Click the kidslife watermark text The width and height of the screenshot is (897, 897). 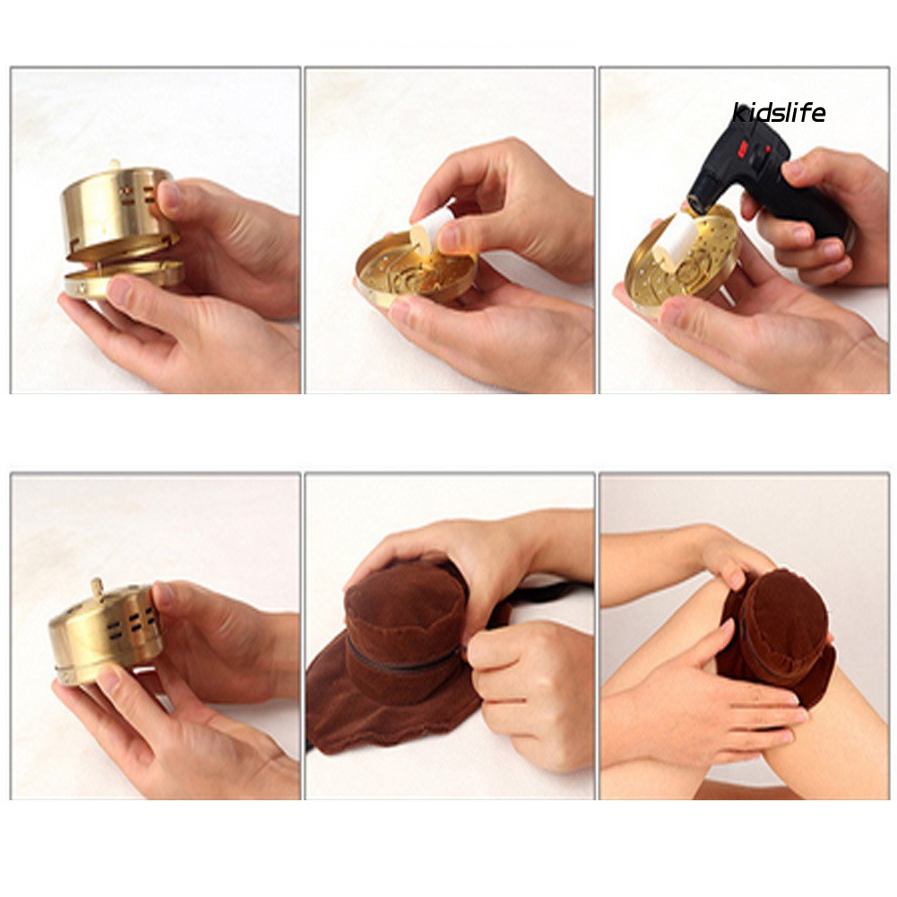click(x=779, y=112)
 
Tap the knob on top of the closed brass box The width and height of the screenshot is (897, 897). click(x=98, y=587)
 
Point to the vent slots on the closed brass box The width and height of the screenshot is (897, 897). click(x=131, y=625)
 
